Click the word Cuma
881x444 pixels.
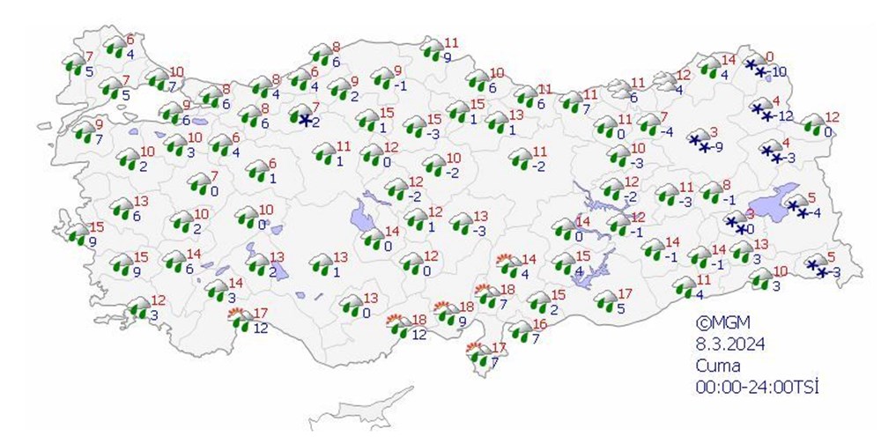pyautogui.click(x=714, y=365)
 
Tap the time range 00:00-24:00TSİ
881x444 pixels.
pyautogui.click(x=756, y=386)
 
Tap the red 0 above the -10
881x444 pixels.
pyautogui.click(x=769, y=56)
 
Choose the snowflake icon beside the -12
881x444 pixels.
pyautogui.click(x=760, y=110)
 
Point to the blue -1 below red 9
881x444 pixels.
pyautogui.click(x=400, y=85)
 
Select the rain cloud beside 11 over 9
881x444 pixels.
pyautogui.click(x=432, y=49)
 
